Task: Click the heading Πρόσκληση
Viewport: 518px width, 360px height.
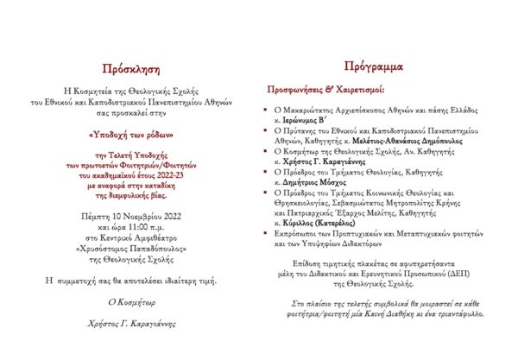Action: (130, 68)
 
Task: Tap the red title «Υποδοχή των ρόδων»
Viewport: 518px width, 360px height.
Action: (131, 134)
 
